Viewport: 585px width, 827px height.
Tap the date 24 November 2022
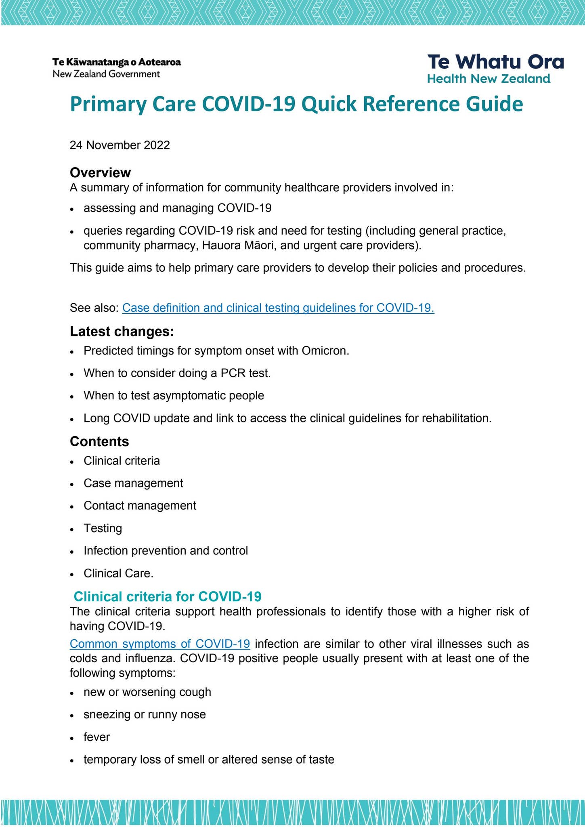(x=120, y=145)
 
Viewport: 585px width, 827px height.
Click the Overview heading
(x=100, y=172)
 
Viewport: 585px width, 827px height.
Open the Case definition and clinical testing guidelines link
(x=278, y=308)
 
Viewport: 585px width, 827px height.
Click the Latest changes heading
(x=122, y=332)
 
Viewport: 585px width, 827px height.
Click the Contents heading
(x=99, y=441)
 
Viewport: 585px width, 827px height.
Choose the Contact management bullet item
(x=140, y=506)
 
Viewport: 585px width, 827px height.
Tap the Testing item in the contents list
(x=103, y=528)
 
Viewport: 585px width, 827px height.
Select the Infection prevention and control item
(x=166, y=551)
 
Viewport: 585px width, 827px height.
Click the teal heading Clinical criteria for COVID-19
(x=168, y=596)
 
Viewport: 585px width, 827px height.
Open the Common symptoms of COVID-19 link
(x=159, y=644)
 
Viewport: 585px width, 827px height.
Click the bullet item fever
(x=96, y=737)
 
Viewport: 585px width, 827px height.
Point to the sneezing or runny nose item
(x=145, y=715)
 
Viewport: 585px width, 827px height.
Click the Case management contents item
(x=133, y=483)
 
